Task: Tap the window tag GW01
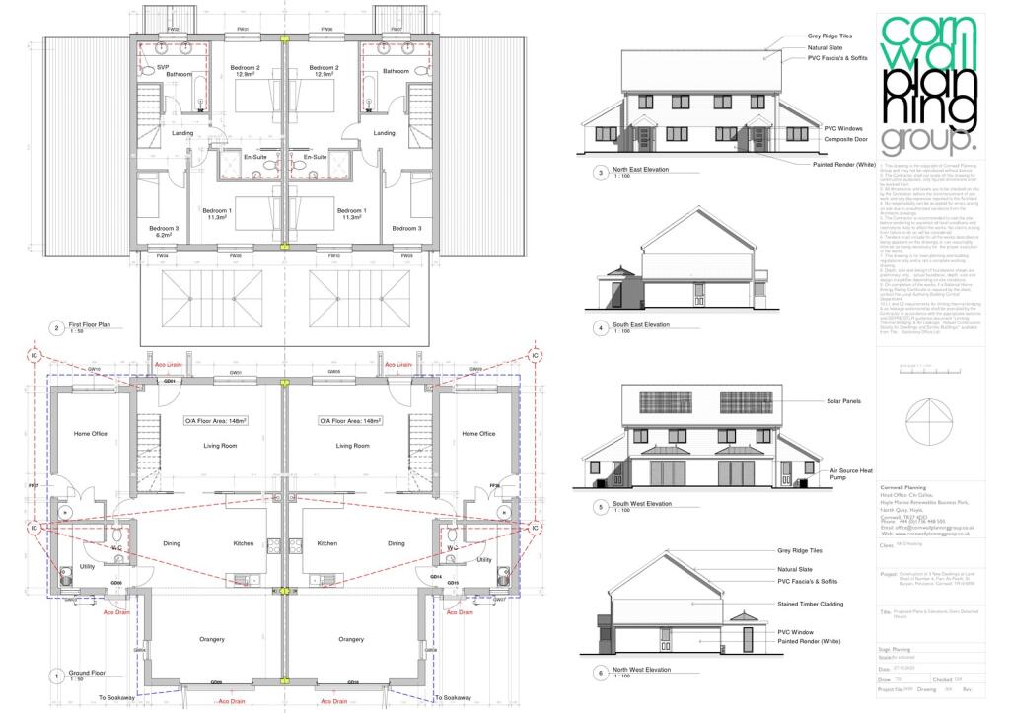click(x=236, y=373)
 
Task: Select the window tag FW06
click(x=325, y=30)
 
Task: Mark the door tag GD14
click(x=435, y=576)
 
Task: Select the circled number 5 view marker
click(x=600, y=507)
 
